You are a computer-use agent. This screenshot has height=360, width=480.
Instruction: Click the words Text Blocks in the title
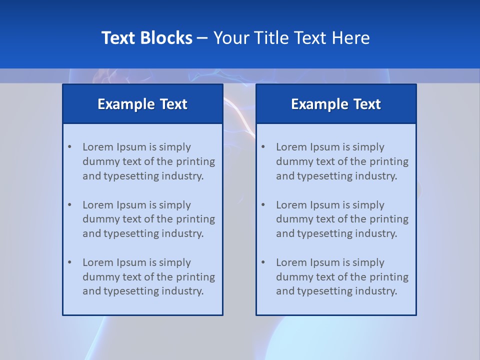pos(146,38)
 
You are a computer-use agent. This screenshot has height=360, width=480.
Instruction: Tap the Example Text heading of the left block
pos(142,104)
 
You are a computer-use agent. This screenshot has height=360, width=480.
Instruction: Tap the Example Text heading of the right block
pos(336,104)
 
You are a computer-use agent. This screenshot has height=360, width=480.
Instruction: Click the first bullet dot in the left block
pos(69,147)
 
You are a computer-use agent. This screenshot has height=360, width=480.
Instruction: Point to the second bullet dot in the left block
pos(69,205)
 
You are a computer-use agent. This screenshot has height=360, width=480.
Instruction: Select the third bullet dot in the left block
pos(69,262)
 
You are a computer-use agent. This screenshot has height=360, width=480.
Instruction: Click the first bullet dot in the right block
pos(263,147)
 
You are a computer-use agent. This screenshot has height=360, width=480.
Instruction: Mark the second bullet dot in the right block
pos(263,205)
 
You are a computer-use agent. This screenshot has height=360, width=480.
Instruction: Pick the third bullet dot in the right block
pos(263,262)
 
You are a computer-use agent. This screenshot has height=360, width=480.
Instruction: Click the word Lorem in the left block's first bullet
pos(98,147)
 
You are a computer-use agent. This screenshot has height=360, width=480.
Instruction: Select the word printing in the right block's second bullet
pos(389,219)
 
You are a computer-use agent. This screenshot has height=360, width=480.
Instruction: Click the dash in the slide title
pos(202,38)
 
